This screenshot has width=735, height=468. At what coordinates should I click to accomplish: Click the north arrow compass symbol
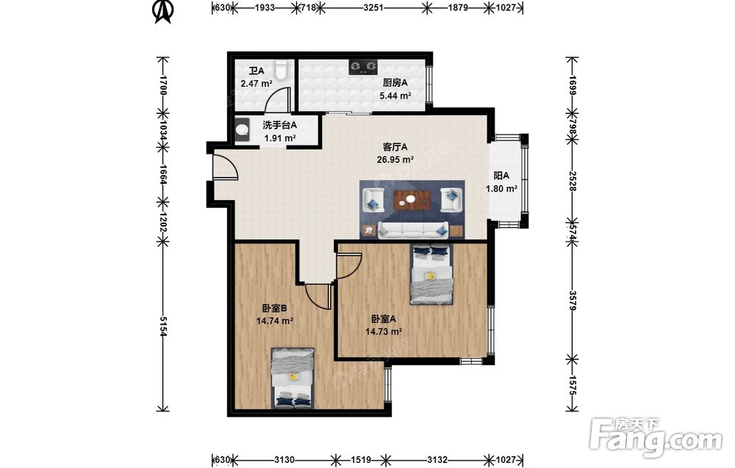163,12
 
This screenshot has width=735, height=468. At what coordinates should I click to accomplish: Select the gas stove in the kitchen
363,67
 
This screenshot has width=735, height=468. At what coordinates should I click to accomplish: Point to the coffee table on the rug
412,200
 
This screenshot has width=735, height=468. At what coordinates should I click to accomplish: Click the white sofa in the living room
413,230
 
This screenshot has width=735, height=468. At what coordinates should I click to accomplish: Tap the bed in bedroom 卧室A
431,274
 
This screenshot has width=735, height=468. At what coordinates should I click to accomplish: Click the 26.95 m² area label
395,159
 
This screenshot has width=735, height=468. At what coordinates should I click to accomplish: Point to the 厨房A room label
395,83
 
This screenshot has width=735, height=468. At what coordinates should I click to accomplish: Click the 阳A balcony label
501,176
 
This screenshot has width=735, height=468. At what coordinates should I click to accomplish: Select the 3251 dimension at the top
373,7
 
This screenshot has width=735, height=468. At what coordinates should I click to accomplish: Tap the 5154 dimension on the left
162,326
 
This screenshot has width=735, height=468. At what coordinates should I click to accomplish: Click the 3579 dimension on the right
573,300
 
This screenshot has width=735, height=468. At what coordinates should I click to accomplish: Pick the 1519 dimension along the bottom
360,460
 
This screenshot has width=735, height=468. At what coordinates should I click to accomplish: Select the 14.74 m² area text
275,321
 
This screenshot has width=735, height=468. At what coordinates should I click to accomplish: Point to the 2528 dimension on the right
573,181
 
